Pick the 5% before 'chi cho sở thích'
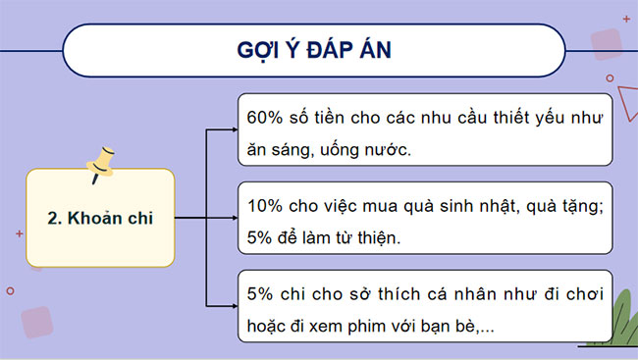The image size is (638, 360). coord(257,295)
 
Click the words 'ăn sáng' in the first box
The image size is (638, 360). coord(275,151)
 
